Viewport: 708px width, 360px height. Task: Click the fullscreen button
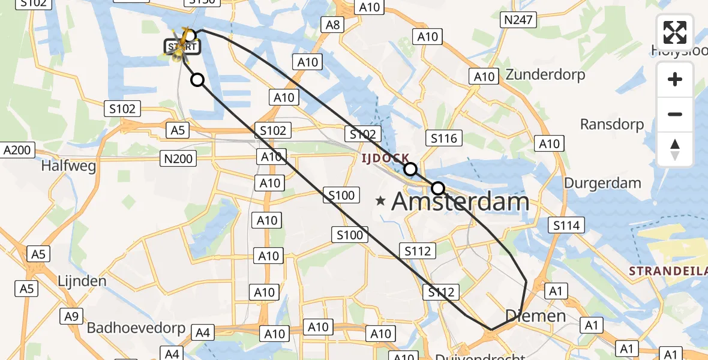675,32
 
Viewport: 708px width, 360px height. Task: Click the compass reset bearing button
675,149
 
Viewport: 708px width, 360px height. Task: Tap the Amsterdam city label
460,202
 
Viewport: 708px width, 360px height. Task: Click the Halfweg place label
68,166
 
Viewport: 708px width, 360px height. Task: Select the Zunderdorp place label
545,75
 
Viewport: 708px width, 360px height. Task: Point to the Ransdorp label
611,125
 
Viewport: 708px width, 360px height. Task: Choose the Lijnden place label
82,281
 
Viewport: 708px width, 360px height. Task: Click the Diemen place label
535,316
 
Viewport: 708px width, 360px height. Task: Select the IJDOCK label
385,158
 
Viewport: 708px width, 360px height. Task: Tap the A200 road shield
17,150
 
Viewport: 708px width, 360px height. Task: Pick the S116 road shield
444,139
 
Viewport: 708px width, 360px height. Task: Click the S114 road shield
566,226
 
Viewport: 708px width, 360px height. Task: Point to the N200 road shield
178,158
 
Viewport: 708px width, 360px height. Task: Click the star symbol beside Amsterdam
380,201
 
